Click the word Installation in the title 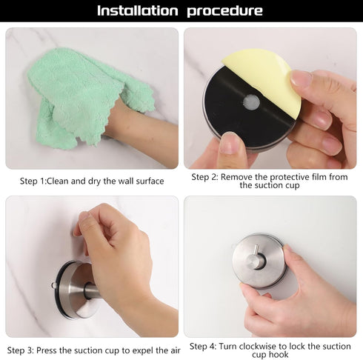(x=137, y=10)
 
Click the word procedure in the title (x=224, y=11)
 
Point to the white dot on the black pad (x=252, y=102)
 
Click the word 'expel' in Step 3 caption (x=144, y=350)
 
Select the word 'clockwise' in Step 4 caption (x=259, y=346)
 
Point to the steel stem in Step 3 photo (x=92, y=290)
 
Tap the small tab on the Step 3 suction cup (x=54, y=285)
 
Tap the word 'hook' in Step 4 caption (x=279, y=355)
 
